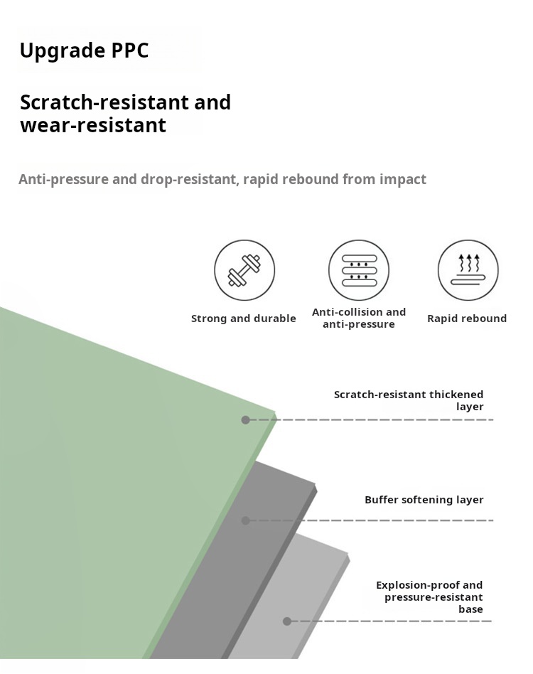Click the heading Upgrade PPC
[84, 51]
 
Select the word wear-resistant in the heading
[93, 126]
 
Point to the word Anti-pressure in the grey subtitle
[63, 179]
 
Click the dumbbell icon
[244, 270]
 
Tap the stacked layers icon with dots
[359, 270]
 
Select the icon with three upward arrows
[468, 270]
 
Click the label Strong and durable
[244, 319]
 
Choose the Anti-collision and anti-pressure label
[359, 318]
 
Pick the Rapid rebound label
[467, 319]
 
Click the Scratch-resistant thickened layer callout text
[409, 400]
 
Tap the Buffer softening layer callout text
[424, 500]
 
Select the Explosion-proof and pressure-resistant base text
[430, 597]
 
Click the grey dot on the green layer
[246, 420]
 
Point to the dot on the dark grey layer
[246, 520]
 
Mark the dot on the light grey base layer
[287, 621]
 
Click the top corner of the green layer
[275, 411]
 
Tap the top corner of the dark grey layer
[315, 486]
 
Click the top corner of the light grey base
[348, 553]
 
